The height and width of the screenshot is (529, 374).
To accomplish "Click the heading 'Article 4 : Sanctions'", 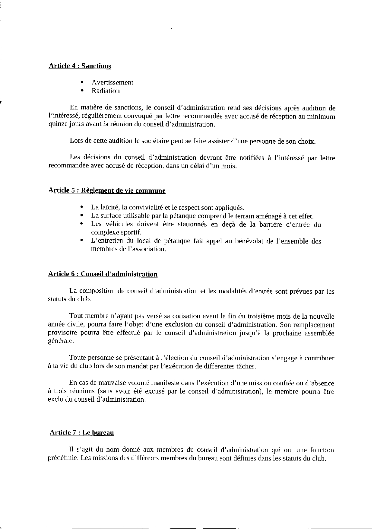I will (80, 66).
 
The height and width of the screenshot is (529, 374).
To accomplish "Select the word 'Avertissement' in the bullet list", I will (113, 82).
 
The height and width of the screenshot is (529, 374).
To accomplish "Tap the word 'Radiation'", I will (106, 91).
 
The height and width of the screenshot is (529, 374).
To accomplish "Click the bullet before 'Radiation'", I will (81, 91).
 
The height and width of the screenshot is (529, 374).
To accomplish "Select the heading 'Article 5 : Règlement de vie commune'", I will (107, 191).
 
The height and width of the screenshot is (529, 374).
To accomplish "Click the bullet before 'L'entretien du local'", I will (81, 241).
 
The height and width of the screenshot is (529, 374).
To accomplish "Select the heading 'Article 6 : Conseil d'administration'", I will (103, 274).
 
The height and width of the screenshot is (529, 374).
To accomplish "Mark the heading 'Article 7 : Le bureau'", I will (82, 432).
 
